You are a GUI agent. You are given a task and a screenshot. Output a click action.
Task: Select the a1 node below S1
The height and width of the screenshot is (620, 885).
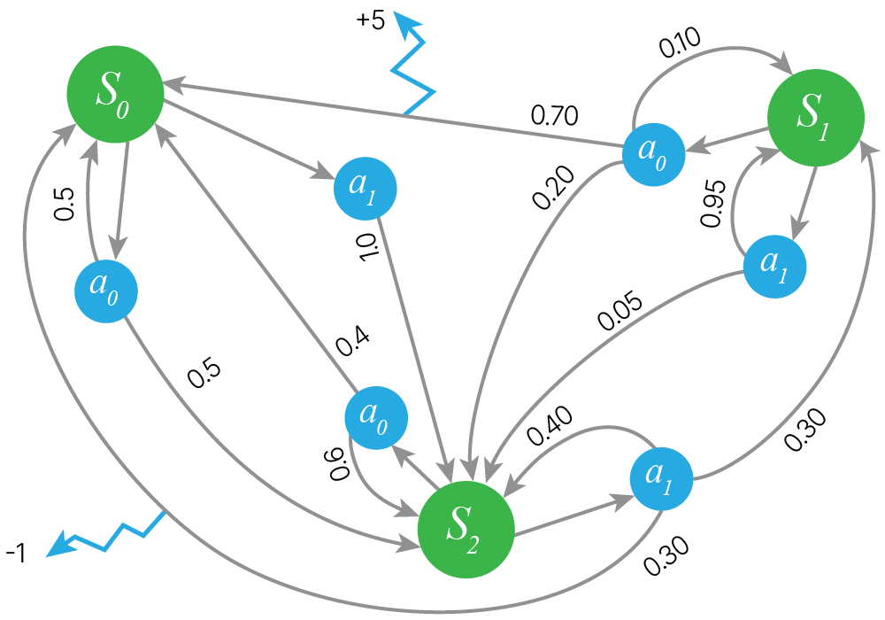(774, 266)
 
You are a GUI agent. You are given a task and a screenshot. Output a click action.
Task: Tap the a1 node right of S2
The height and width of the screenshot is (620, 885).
(662, 480)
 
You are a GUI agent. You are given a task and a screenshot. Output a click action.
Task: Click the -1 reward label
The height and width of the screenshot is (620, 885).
(17, 554)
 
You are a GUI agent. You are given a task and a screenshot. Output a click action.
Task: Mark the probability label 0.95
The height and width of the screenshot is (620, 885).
(713, 204)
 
